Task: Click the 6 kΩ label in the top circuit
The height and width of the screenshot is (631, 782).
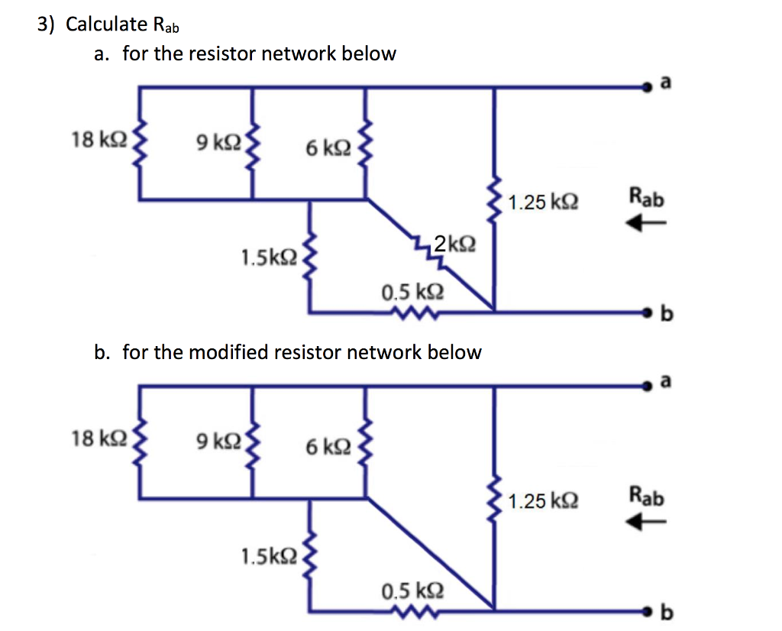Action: (327, 149)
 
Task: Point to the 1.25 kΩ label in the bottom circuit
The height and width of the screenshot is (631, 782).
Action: (543, 501)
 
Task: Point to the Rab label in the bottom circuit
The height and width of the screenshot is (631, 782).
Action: (647, 497)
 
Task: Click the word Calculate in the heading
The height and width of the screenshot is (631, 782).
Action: (106, 24)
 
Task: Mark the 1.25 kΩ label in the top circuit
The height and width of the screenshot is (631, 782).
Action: (543, 203)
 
